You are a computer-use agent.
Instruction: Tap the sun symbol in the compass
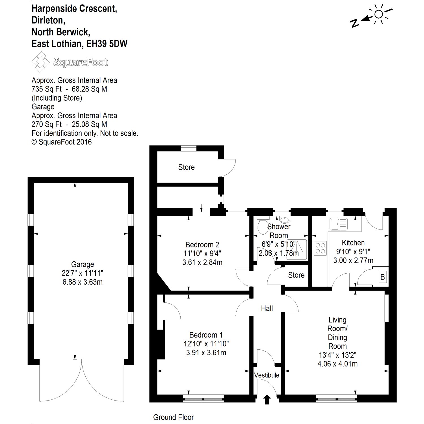click(x=379, y=14)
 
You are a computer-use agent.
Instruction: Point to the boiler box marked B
click(x=383, y=277)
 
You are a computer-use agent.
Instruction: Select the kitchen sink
click(x=338, y=224)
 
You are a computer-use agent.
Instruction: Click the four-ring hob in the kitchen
click(x=321, y=248)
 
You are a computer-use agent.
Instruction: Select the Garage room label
click(x=83, y=264)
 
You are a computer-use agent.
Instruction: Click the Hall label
click(x=267, y=308)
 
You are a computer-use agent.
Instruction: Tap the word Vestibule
click(x=267, y=375)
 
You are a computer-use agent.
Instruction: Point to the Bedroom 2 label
click(x=202, y=245)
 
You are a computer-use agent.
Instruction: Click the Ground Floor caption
click(x=173, y=417)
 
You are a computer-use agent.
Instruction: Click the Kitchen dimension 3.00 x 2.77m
click(x=353, y=260)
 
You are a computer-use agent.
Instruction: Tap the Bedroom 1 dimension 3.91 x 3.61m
click(x=206, y=352)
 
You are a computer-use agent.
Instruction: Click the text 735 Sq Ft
click(x=46, y=89)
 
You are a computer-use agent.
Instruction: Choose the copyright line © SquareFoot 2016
click(x=62, y=142)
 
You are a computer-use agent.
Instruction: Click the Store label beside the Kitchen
click(x=296, y=275)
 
